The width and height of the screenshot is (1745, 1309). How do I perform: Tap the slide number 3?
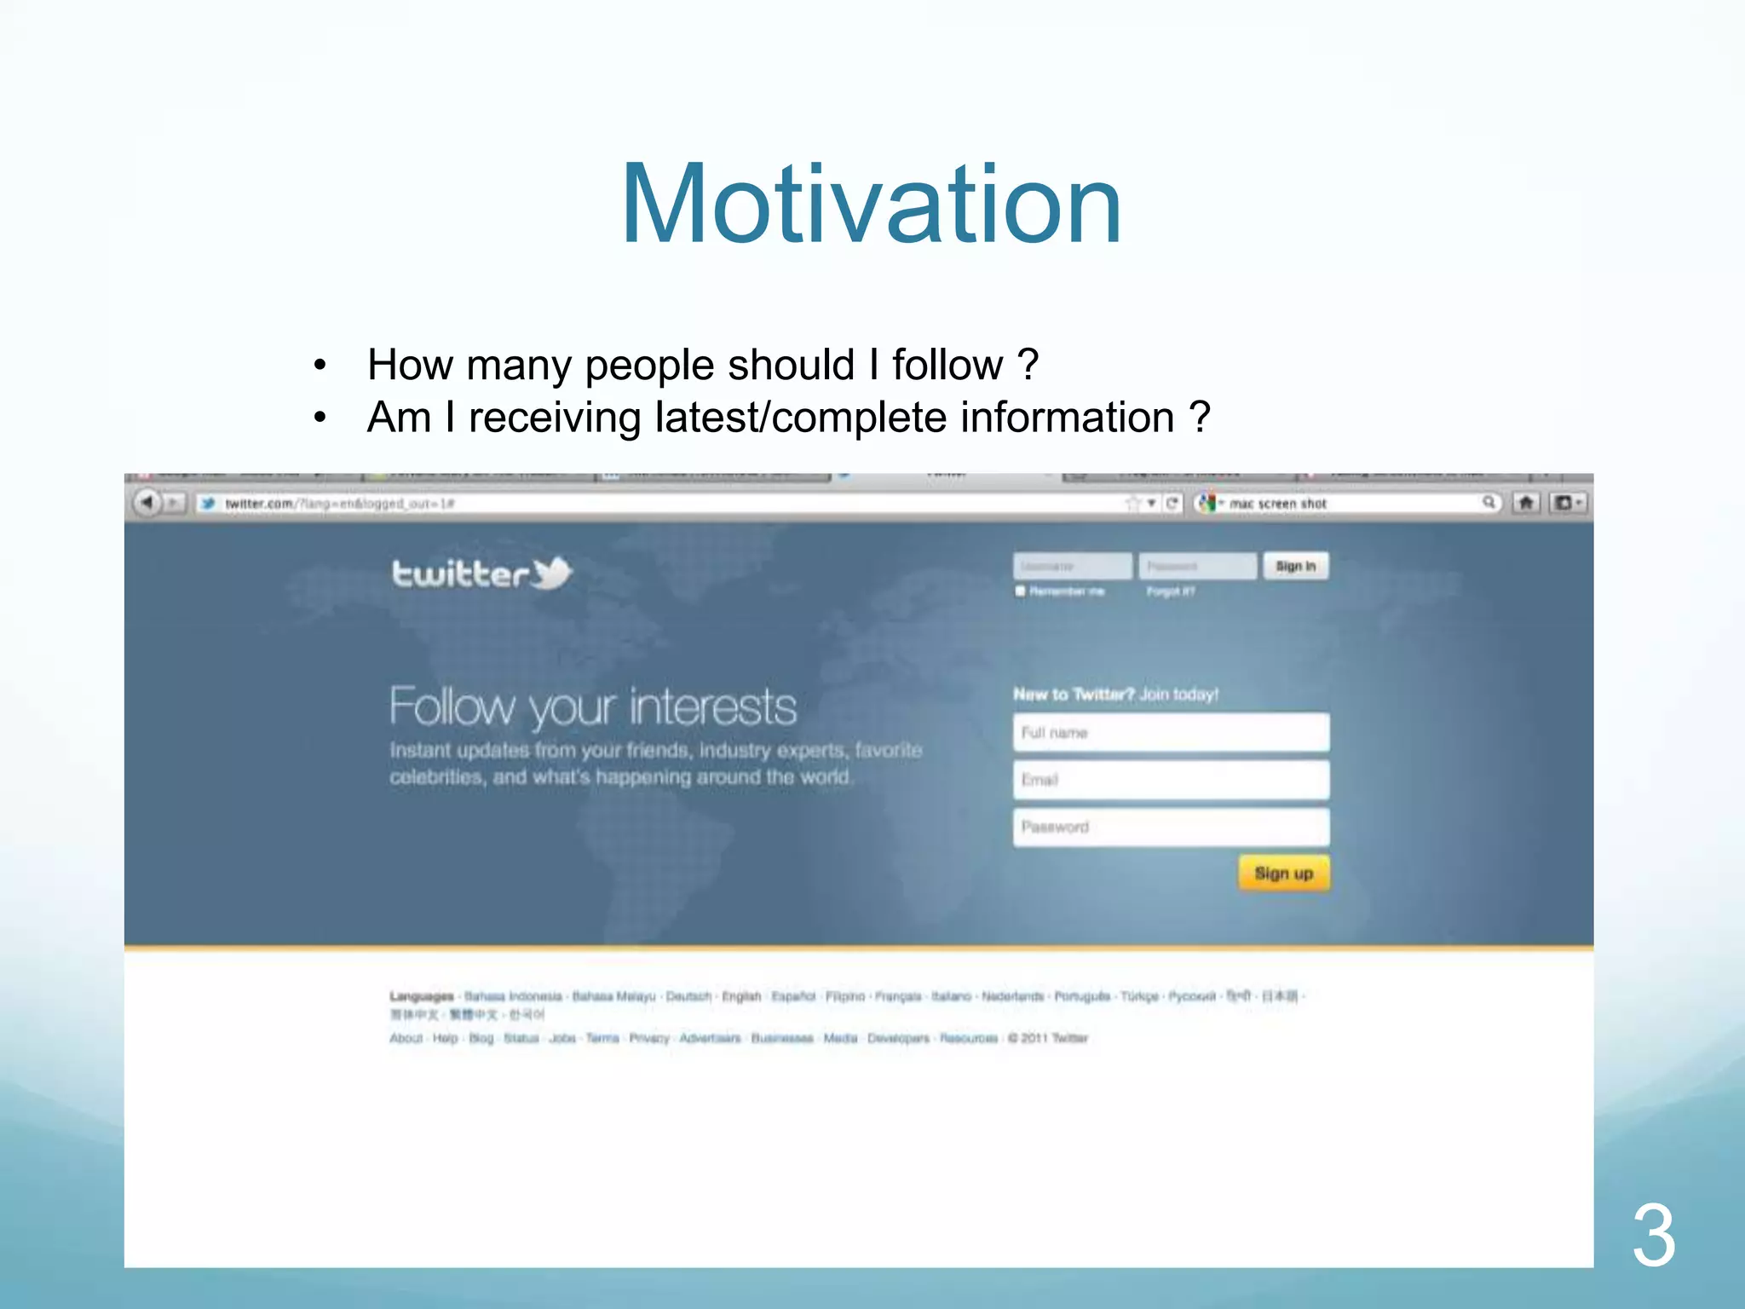tap(1653, 1236)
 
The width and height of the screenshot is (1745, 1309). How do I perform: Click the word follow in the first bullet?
tap(947, 365)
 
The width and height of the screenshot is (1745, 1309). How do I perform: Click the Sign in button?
tap(1295, 566)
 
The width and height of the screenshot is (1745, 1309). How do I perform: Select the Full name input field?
tap(1171, 732)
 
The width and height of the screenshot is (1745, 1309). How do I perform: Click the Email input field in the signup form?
tap(1171, 780)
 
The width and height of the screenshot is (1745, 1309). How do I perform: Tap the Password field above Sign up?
tap(1171, 827)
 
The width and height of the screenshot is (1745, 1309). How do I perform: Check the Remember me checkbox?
tap(1020, 591)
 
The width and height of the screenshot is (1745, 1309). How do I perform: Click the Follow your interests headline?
tap(593, 706)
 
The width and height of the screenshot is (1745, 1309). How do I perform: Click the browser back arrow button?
tap(147, 503)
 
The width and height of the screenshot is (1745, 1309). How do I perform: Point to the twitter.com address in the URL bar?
tap(259, 504)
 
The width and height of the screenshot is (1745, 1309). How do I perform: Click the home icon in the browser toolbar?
tap(1526, 503)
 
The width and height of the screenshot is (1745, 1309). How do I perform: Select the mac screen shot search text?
tap(1277, 504)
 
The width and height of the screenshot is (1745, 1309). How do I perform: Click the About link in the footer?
tap(406, 1038)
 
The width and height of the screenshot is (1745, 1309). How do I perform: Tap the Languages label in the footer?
tap(421, 996)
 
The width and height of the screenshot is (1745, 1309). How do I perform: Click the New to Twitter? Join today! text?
tap(1115, 695)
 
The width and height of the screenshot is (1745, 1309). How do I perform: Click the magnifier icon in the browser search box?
tap(1489, 503)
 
